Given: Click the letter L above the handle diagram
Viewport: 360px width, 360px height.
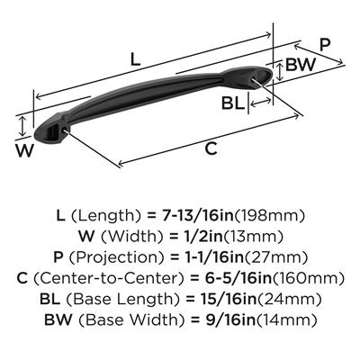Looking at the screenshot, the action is click(x=135, y=59).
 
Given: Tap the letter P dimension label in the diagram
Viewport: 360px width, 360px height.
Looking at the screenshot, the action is click(x=325, y=45).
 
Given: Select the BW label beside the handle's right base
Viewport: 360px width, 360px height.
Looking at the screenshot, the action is click(x=301, y=64).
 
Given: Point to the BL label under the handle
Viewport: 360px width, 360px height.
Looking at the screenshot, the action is click(x=232, y=103).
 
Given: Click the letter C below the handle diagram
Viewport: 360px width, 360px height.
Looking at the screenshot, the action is click(x=211, y=148).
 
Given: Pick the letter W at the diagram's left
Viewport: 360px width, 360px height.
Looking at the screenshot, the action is click(x=24, y=150).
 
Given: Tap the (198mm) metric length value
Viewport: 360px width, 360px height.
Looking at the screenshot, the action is click(x=269, y=215).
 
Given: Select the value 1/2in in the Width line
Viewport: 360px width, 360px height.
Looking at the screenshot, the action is click(x=202, y=237).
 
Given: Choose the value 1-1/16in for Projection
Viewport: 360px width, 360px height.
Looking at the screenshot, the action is click(x=207, y=257).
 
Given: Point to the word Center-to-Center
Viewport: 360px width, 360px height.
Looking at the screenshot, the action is click(x=109, y=278).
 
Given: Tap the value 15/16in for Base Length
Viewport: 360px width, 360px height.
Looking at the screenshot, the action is click(x=227, y=299).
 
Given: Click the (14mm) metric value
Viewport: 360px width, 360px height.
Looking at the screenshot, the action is click(x=286, y=320).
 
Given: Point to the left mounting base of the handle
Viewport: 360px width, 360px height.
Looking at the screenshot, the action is click(x=51, y=129).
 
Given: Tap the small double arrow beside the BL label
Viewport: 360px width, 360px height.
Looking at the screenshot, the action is click(x=261, y=103).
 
